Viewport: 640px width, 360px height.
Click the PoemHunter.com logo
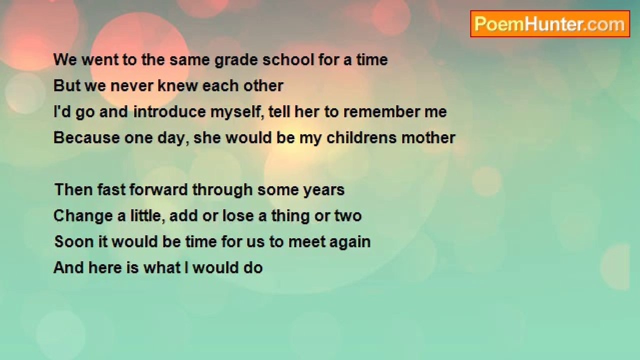[550, 24]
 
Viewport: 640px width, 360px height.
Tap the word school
[288, 60]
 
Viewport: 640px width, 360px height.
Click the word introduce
[169, 111]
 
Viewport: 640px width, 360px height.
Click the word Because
[86, 137]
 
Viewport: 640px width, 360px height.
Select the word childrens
[361, 137]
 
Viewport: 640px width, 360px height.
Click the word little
[147, 215]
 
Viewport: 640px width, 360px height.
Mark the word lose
[238, 215]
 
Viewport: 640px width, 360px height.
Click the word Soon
[74, 241]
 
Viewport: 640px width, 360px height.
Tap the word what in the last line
[162, 267]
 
